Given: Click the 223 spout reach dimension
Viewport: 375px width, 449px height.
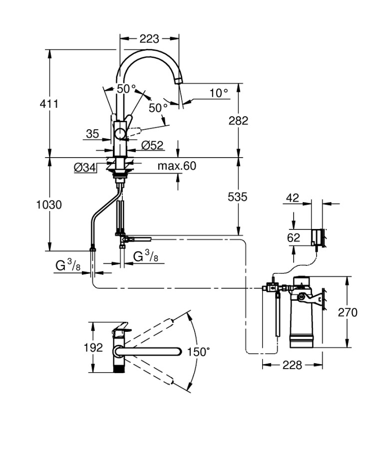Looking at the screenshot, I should coord(149,38).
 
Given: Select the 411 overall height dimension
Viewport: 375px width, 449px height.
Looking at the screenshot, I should coord(50,104).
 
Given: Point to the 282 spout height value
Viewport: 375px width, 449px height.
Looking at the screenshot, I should coord(238,121).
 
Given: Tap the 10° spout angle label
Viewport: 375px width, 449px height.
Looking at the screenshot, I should coord(218,92).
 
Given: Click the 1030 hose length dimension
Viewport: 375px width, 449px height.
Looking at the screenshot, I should coord(49,205).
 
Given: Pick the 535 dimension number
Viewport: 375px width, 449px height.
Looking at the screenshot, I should coord(238,197).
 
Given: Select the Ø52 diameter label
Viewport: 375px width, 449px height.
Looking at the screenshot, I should coord(152,145).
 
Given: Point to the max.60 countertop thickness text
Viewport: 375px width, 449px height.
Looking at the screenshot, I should coord(177,166).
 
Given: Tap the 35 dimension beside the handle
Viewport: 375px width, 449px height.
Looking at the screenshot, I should coord(92,133).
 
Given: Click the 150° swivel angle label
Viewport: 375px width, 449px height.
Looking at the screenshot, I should coord(198,352).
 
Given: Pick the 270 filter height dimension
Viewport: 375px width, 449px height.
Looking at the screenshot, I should coord(348,312).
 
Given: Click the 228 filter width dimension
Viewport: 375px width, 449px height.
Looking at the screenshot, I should coord(292,365).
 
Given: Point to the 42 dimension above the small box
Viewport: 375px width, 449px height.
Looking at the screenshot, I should coord(293,198).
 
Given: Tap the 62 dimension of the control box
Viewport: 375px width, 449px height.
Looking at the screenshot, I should coord(294,237).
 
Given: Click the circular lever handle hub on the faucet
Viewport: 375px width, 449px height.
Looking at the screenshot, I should coord(121,133).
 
